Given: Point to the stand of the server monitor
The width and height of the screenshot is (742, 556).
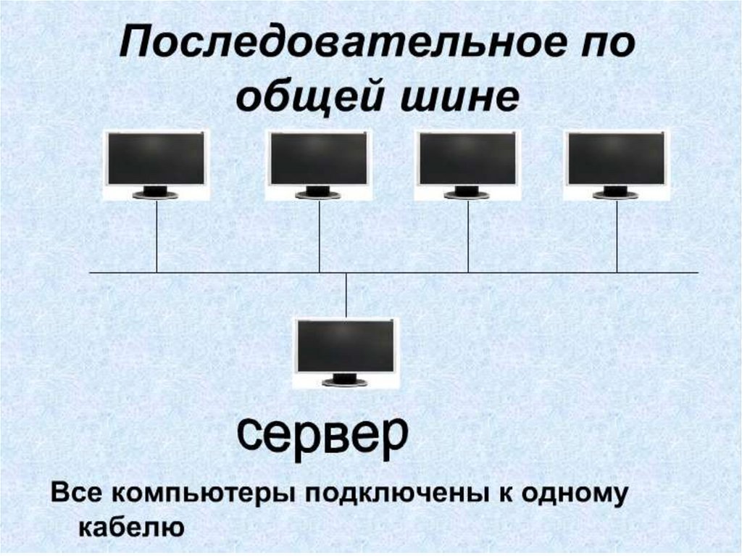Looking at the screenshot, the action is (x=346, y=380).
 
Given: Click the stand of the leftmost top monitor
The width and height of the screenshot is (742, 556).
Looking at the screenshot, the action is (x=155, y=193).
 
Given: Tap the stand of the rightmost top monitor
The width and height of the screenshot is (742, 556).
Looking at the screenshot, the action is (x=616, y=193).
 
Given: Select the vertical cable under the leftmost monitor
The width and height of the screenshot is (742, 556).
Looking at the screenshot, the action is (x=157, y=236).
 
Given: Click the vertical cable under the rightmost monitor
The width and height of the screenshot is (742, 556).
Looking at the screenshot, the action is (x=617, y=236).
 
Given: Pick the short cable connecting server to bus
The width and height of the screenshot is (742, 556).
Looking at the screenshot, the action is (x=346, y=294).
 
